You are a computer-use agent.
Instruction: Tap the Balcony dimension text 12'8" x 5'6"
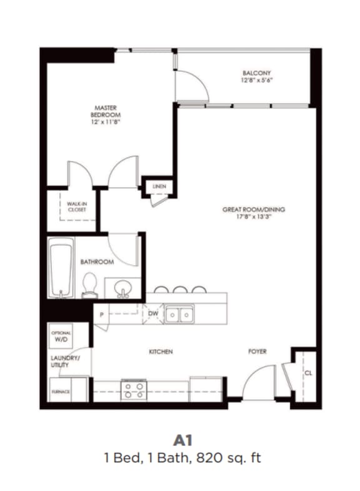[256, 81]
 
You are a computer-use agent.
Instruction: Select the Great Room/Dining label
[254, 210]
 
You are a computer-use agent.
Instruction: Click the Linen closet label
[159, 186]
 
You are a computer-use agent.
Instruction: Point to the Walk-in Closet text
[77, 206]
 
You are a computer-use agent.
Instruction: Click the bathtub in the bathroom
[61, 270]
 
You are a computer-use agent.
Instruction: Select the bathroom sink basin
[123, 289]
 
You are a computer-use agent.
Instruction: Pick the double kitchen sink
[179, 315]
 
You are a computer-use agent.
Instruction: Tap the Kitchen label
[161, 352]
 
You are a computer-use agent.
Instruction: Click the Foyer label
[257, 352]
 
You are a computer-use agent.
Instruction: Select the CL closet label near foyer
[308, 373]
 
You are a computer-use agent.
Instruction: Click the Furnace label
[60, 392]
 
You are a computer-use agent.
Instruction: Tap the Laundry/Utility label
[64, 362]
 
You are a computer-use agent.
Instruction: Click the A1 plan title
[181, 440]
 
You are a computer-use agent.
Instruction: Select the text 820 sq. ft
[229, 458]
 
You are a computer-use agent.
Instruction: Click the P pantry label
[101, 313]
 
